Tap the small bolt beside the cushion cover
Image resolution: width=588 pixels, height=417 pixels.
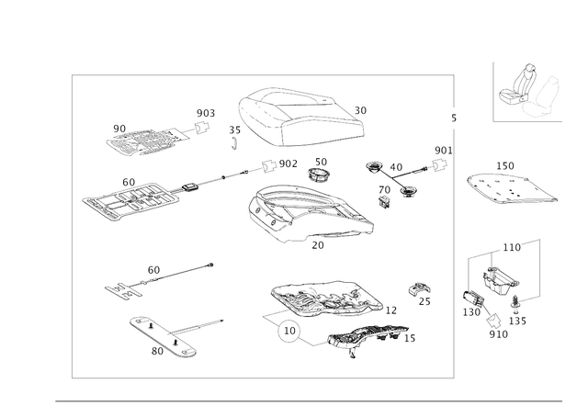coord(233,137)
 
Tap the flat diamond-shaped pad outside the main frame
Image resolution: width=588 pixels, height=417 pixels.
coord(511,186)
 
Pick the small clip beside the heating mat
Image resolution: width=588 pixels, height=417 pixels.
coord(421,293)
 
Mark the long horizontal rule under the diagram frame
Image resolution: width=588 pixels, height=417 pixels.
coord(308,400)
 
